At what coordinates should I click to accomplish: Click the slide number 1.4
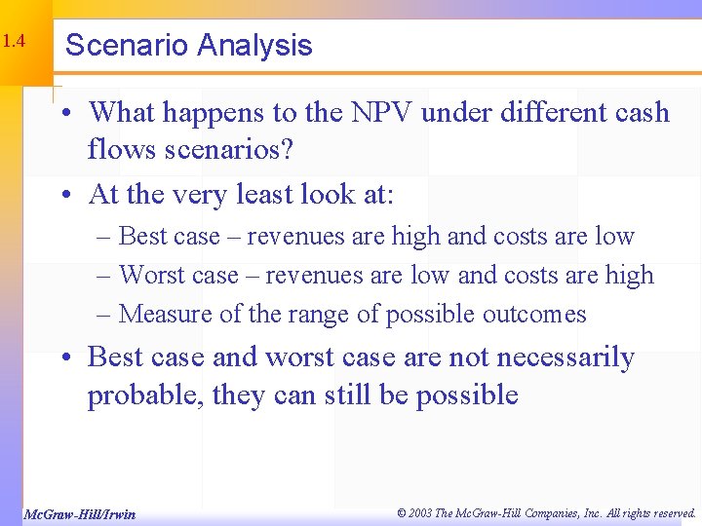click(13, 43)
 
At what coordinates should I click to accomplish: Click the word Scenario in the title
click(126, 46)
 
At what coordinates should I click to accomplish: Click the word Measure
click(161, 315)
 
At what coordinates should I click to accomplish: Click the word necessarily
click(565, 358)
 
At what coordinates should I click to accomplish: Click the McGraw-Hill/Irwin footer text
click(79, 513)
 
